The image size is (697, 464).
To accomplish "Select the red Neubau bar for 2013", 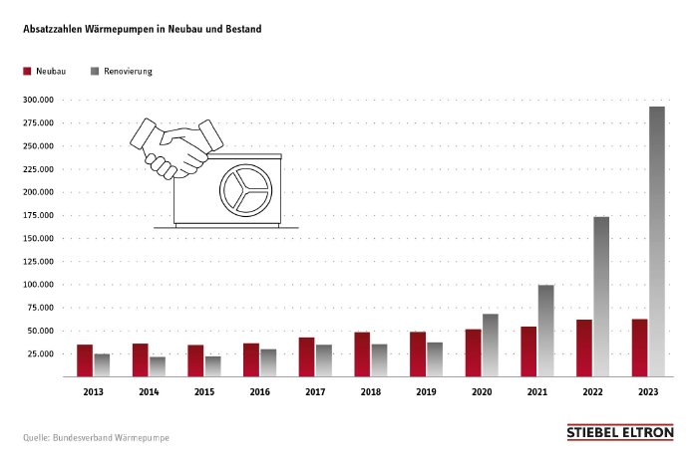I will [85, 360].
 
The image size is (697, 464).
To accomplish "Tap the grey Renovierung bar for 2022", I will [601, 297].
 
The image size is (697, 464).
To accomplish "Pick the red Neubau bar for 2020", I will [474, 352].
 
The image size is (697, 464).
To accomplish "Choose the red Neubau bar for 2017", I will [306, 356].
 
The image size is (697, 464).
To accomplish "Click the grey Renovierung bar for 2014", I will [158, 366].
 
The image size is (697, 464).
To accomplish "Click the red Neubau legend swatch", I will [27, 73].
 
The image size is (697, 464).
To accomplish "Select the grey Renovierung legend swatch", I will [95, 73].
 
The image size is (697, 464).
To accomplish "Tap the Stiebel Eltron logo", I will [619, 432].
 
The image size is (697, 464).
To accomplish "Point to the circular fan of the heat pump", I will [244, 188].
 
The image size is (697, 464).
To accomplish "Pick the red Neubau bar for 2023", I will [640, 348].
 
